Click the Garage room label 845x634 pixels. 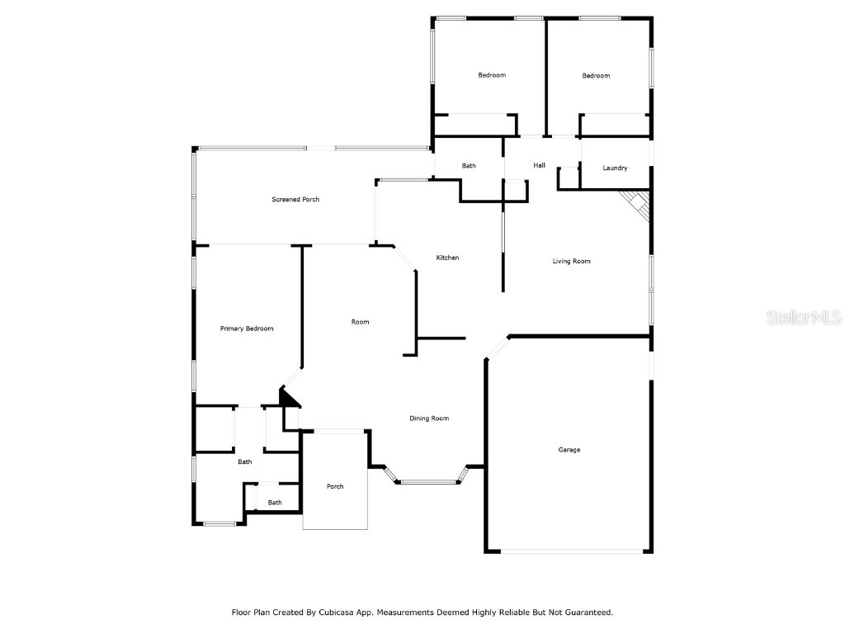click(x=569, y=450)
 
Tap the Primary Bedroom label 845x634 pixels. click(x=246, y=329)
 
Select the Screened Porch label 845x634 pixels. click(x=295, y=200)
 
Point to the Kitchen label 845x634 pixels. click(x=447, y=258)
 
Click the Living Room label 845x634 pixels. click(x=571, y=262)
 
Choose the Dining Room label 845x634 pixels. click(x=429, y=419)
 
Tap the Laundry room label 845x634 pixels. click(x=615, y=168)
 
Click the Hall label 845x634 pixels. click(x=539, y=166)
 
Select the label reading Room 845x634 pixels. click(x=360, y=322)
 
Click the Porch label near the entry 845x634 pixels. click(x=335, y=486)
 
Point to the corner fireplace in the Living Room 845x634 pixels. click(x=639, y=203)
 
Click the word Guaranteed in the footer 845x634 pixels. click(x=584, y=613)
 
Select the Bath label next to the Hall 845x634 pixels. click(x=469, y=166)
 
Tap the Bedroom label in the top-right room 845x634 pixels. click(x=596, y=76)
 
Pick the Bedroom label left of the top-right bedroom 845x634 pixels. click(x=492, y=75)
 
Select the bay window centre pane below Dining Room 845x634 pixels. click(x=428, y=482)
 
